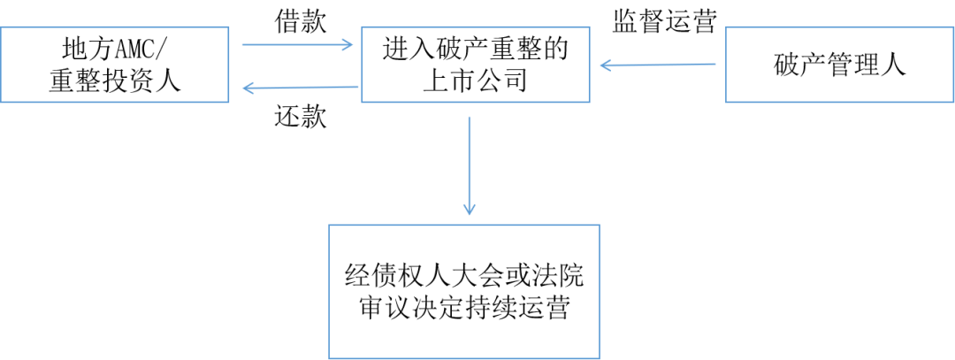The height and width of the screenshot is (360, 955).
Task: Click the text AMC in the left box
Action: coord(137,49)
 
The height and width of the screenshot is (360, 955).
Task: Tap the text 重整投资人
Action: coord(115,81)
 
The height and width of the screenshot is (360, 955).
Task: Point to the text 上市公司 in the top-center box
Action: coord(475,81)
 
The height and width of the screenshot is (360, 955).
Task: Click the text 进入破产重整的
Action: coord(475,49)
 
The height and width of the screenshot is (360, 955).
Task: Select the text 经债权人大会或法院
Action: coord(463,276)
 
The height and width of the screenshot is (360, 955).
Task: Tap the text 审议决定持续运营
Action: coord(463,310)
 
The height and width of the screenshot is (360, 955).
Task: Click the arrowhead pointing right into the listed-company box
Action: coord(348,44)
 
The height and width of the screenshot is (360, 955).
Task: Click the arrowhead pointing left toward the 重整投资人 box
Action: coord(249,87)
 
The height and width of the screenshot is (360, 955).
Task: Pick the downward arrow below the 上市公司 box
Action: coord(469,164)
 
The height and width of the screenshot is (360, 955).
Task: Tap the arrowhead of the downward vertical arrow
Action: coord(469,210)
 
